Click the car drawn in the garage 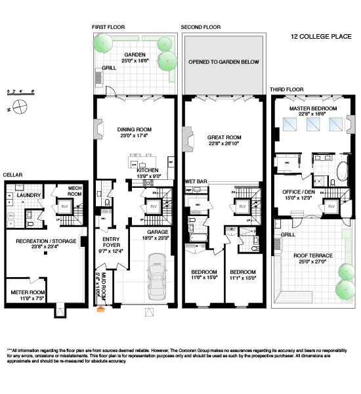pos(158,275)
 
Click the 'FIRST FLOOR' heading pos(108,28)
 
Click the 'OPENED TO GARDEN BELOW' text pos(224,62)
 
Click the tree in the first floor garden pos(104,43)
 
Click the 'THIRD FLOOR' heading pos(286,89)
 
